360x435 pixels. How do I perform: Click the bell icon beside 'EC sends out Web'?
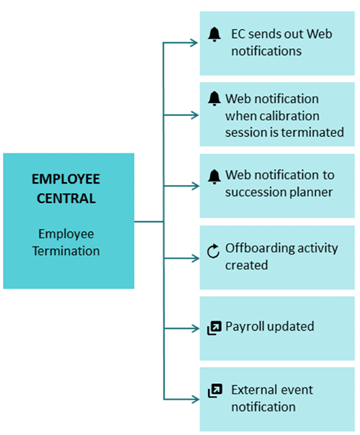214,35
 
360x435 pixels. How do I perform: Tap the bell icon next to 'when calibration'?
214,99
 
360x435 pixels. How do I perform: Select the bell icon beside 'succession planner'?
214,176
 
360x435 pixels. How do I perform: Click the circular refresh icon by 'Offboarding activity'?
213,251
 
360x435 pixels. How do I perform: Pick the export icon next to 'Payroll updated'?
215,328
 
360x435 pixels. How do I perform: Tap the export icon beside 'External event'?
215,390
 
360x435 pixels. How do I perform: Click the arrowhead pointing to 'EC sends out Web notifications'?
194,42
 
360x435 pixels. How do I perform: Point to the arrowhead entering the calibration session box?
194,115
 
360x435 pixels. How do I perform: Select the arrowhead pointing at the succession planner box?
195,186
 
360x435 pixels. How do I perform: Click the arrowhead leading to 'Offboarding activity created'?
195,259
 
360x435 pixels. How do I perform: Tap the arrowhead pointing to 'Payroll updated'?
195,328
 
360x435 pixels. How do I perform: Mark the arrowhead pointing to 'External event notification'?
195,400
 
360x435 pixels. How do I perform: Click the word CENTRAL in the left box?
66,199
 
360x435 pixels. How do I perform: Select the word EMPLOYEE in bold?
66,179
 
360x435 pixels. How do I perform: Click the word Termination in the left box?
66,251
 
